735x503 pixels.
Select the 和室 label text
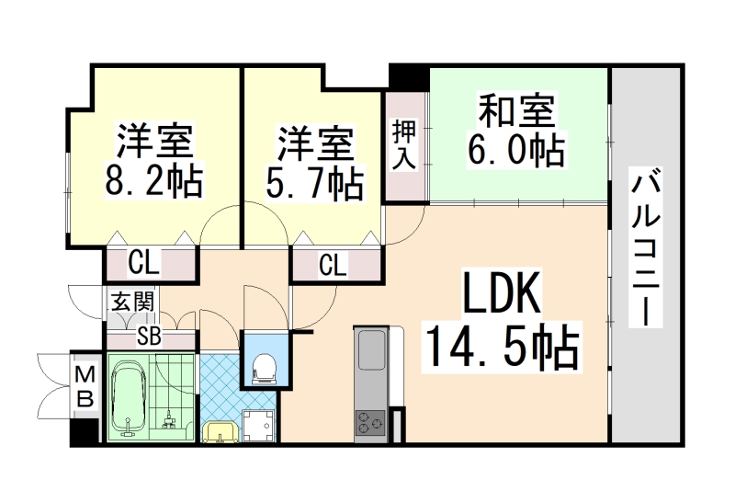516,112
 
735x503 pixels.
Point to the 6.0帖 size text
516,149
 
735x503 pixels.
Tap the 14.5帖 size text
500,348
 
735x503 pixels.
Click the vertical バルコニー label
647,246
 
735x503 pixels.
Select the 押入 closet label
405,145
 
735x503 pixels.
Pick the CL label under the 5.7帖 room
334,266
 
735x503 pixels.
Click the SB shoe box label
149,337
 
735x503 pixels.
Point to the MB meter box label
84,386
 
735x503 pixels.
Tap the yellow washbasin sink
219,430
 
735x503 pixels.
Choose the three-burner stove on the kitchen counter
370,421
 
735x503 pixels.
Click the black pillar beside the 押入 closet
407,77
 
